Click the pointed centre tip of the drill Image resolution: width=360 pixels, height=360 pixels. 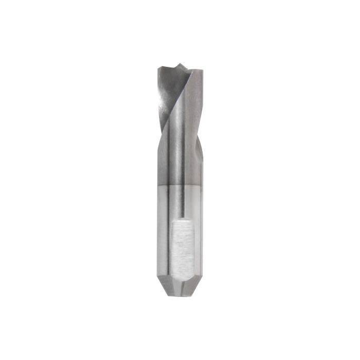click(x=178, y=65)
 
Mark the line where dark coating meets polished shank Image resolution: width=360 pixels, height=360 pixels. click(x=179, y=185)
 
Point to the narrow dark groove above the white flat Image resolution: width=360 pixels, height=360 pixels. click(x=183, y=203)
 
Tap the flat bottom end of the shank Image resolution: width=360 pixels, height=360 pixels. click(x=181, y=295)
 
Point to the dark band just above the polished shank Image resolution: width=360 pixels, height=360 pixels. click(x=179, y=177)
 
